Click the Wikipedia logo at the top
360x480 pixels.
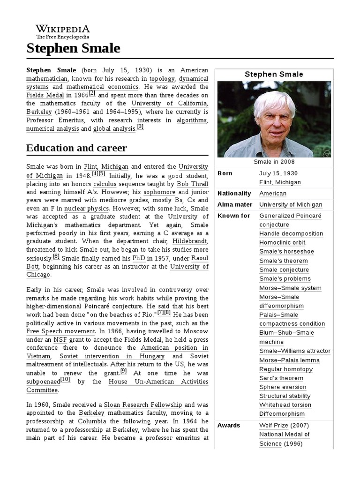point(63,31)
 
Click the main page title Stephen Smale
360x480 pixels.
point(73,48)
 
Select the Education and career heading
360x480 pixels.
point(76,148)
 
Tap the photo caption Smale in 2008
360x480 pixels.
point(274,162)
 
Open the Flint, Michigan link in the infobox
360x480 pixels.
point(280,182)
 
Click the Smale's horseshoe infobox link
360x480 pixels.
point(286,252)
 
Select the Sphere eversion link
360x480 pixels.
point(283,387)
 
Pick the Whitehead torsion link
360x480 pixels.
point(285,405)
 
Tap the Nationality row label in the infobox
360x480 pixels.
point(234,194)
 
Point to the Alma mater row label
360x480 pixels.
point(234,205)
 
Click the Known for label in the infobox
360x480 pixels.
point(234,216)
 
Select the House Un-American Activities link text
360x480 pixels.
point(158,382)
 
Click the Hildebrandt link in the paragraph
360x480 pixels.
point(190,241)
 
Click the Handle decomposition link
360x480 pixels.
point(291,234)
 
